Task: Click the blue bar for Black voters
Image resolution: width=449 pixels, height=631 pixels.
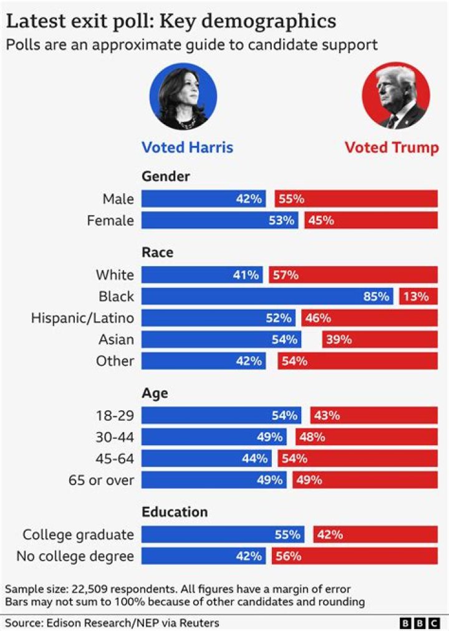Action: (x=267, y=296)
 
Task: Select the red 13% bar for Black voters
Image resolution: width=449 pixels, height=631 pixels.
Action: (x=418, y=296)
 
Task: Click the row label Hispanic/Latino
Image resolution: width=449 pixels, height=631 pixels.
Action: (x=83, y=318)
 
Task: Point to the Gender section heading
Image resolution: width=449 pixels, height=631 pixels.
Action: (x=166, y=176)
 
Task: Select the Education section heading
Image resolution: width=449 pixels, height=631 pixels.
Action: (x=175, y=512)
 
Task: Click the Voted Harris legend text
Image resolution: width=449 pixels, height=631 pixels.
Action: (x=187, y=147)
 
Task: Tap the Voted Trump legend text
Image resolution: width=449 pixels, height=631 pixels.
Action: (x=392, y=147)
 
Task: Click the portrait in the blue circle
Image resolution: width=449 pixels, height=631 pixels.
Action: (x=183, y=96)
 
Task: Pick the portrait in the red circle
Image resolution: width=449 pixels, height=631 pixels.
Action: (x=396, y=96)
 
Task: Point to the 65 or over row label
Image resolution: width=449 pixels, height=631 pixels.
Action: (x=102, y=480)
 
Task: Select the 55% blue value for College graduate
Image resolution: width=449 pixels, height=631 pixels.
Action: (x=287, y=534)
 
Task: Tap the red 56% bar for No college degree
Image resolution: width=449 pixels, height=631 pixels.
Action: (x=354, y=556)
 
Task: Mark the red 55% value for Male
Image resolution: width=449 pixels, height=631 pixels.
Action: (x=291, y=199)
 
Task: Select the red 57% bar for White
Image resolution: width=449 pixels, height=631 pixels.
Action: (x=353, y=274)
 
